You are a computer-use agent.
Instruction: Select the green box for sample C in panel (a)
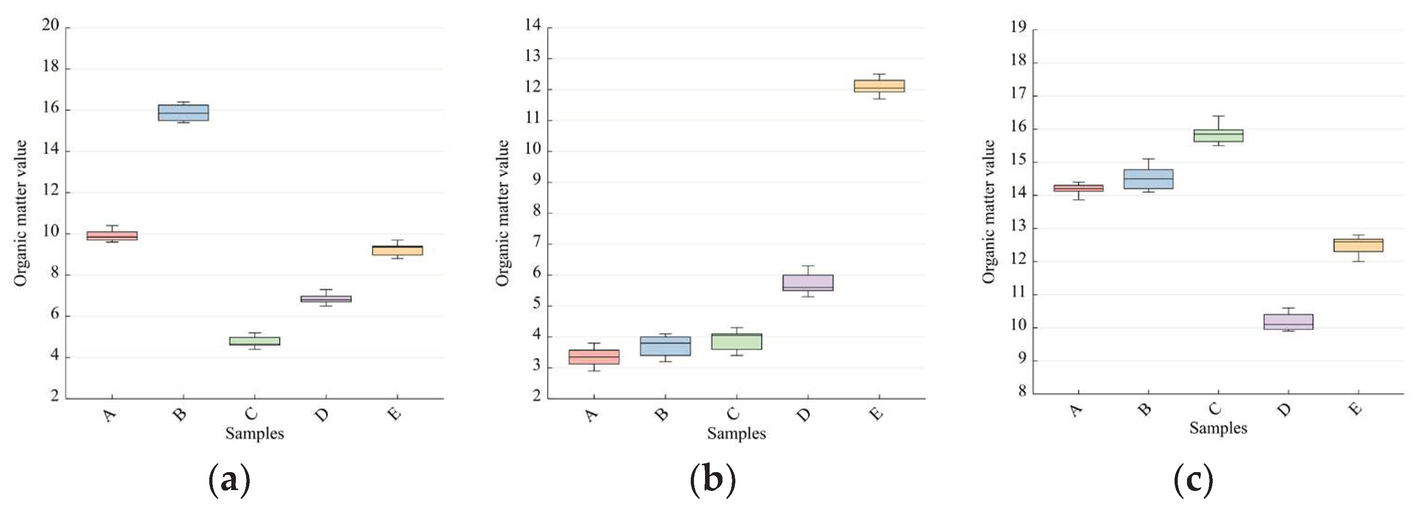(254, 341)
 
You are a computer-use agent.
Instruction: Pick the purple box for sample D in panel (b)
(808, 283)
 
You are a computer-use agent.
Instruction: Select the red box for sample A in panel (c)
(1078, 188)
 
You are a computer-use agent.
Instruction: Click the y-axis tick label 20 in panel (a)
(51, 25)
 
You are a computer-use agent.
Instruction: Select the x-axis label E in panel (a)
(395, 414)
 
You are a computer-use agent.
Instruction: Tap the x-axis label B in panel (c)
(1144, 409)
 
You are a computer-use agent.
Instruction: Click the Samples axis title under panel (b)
(736, 434)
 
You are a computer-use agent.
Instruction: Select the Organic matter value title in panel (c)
(988, 212)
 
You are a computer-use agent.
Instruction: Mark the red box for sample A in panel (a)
(112, 236)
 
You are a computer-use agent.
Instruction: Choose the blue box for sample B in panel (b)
(665, 346)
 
